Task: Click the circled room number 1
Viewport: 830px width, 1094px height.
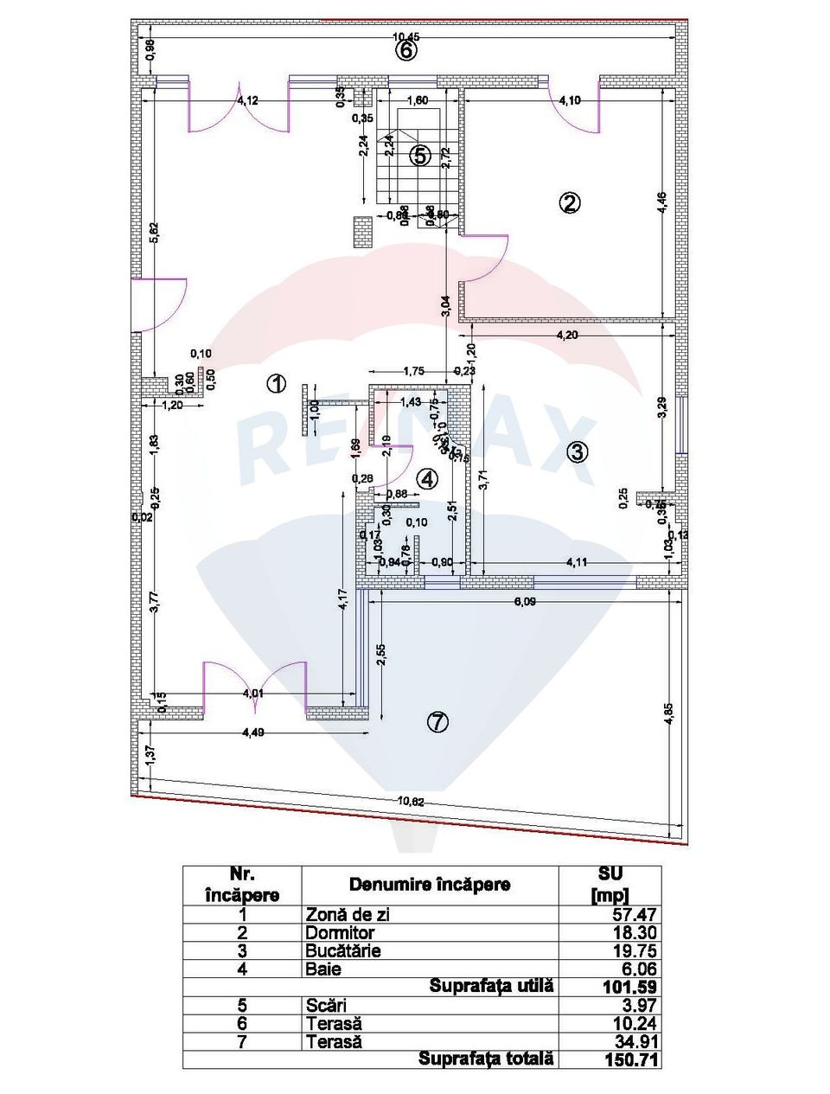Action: [276, 384]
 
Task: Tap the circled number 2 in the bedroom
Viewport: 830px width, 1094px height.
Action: [569, 203]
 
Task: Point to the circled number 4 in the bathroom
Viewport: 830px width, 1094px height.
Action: [427, 478]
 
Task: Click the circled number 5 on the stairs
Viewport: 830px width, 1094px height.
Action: [419, 156]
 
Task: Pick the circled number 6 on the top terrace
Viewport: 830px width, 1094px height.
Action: [406, 50]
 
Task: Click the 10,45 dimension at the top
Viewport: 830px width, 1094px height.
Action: [406, 36]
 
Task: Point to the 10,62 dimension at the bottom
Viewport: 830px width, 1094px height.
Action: [411, 801]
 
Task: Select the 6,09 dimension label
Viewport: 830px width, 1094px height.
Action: [526, 603]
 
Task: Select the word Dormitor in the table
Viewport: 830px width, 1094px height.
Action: [340, 933]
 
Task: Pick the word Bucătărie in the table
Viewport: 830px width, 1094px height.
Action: [343, 951]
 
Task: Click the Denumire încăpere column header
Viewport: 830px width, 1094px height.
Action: [430, 885]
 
